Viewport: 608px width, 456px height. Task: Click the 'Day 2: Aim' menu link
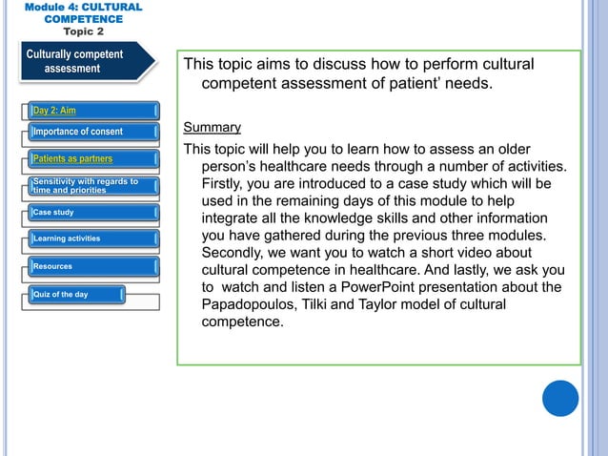(x=54, y=111)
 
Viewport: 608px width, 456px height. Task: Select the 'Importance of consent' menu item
(x=78, y=132)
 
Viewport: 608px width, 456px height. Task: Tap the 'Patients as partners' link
(x=73, y=158)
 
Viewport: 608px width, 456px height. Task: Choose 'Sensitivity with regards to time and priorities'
(x=86, y=185)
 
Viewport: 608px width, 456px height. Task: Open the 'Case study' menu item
(x=53, y=212)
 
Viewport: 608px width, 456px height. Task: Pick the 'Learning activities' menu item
(x=67, y=238)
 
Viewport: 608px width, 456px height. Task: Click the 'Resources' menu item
(x=53, y=266)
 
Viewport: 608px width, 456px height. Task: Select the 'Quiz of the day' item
(x=61, y=294)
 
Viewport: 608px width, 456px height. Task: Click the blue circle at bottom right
(x=560, y=398)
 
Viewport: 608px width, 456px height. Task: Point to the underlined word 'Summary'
(x=212, y=127)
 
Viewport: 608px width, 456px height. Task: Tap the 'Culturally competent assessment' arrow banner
(x=76, y=61)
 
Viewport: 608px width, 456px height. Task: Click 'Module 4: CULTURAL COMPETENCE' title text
(x=83, y=12)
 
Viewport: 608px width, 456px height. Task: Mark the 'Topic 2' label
(x=83, y=31)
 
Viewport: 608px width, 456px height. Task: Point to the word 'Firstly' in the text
(x=226, y=183)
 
